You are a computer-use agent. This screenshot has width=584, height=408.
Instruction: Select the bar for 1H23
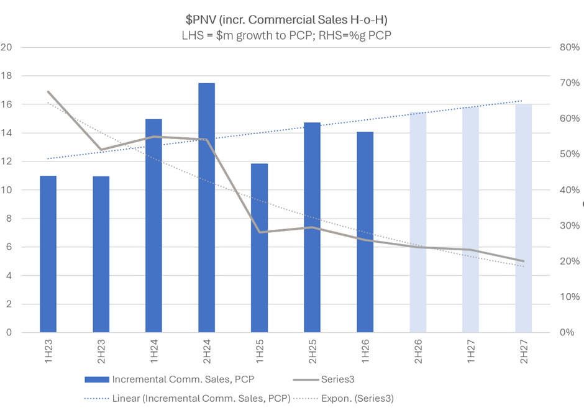(48, 254)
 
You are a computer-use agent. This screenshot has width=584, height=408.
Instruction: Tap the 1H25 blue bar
(260, 248)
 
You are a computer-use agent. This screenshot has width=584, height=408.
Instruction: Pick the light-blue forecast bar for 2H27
(524, 218)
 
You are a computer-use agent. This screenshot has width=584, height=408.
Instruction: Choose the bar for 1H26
(365, 232)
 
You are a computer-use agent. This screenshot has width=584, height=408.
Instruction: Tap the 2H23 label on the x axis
(101, 352)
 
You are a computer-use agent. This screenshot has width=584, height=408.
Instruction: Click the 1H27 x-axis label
(471, 352)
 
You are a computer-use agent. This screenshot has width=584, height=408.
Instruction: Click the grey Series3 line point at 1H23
(48, 92)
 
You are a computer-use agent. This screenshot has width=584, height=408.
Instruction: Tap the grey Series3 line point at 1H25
(260, 232)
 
